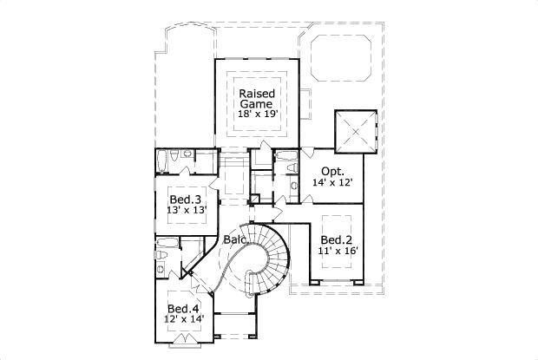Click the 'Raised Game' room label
[257, 96]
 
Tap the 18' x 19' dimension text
[257, 113]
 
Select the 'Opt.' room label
[331, 171]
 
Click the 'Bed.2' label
[335, 239]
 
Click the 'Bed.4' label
[183, 309]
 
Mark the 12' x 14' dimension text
[183, 321]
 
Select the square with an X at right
[356, 131]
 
